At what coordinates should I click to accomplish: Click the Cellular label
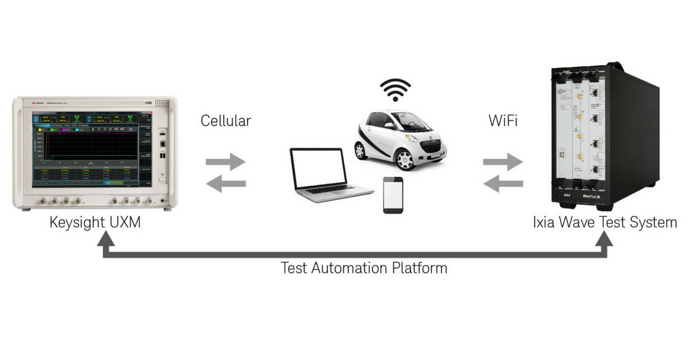[x=226, y=122]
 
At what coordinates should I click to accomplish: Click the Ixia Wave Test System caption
[x=605, y=222]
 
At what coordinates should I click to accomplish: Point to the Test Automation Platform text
[x=364, y=268]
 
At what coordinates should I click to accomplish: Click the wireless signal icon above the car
[x=396, y=90]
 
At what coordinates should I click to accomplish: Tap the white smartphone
[x=393, y=195]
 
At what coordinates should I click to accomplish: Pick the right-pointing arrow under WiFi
[x=503, y=162]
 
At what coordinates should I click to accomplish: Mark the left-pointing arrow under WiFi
[x=503, y=183]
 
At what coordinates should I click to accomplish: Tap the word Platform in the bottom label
[x=420, y=268]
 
